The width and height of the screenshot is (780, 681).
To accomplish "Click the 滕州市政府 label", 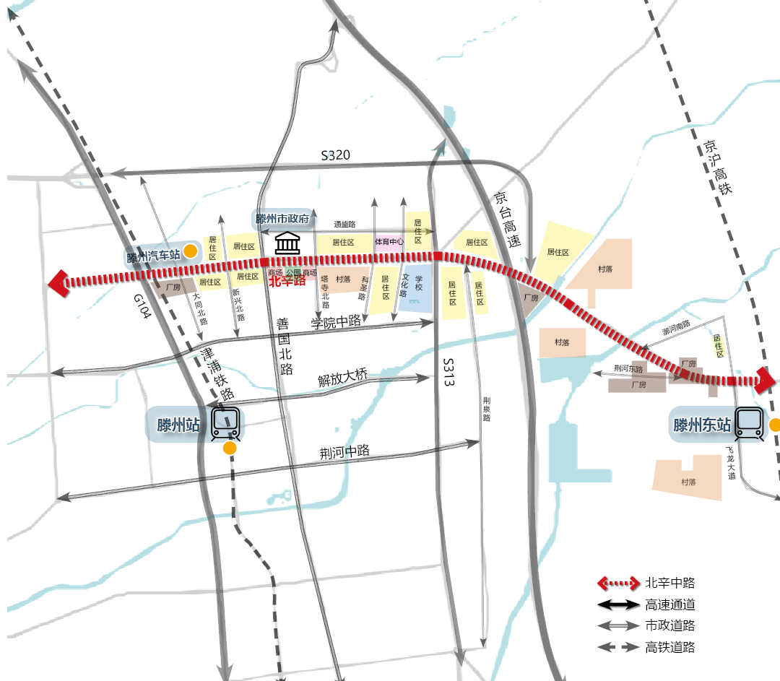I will pos(282,219).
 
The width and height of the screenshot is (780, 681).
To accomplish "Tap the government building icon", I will pos(288,243).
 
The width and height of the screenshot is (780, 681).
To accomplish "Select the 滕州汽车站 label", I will pos(152,256).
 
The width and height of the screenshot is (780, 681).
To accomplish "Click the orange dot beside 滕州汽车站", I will pos(190,251).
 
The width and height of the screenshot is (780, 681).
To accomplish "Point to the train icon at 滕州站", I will pos(225,425).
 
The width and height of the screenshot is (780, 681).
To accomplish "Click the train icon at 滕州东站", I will pos(749,424).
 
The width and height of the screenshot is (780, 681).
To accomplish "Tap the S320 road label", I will pos(336,155).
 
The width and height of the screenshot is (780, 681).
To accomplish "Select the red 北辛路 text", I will pos(287,282).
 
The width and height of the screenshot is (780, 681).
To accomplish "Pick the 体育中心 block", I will pos(389,242).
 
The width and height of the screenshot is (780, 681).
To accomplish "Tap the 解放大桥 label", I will pos(343,377).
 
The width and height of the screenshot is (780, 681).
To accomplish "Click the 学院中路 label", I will pos(336,322).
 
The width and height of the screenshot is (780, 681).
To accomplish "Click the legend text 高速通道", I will pos(670,605).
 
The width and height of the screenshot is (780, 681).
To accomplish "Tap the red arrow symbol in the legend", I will pos(618,584).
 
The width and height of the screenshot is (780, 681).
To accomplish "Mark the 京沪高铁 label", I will pos(716,167).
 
